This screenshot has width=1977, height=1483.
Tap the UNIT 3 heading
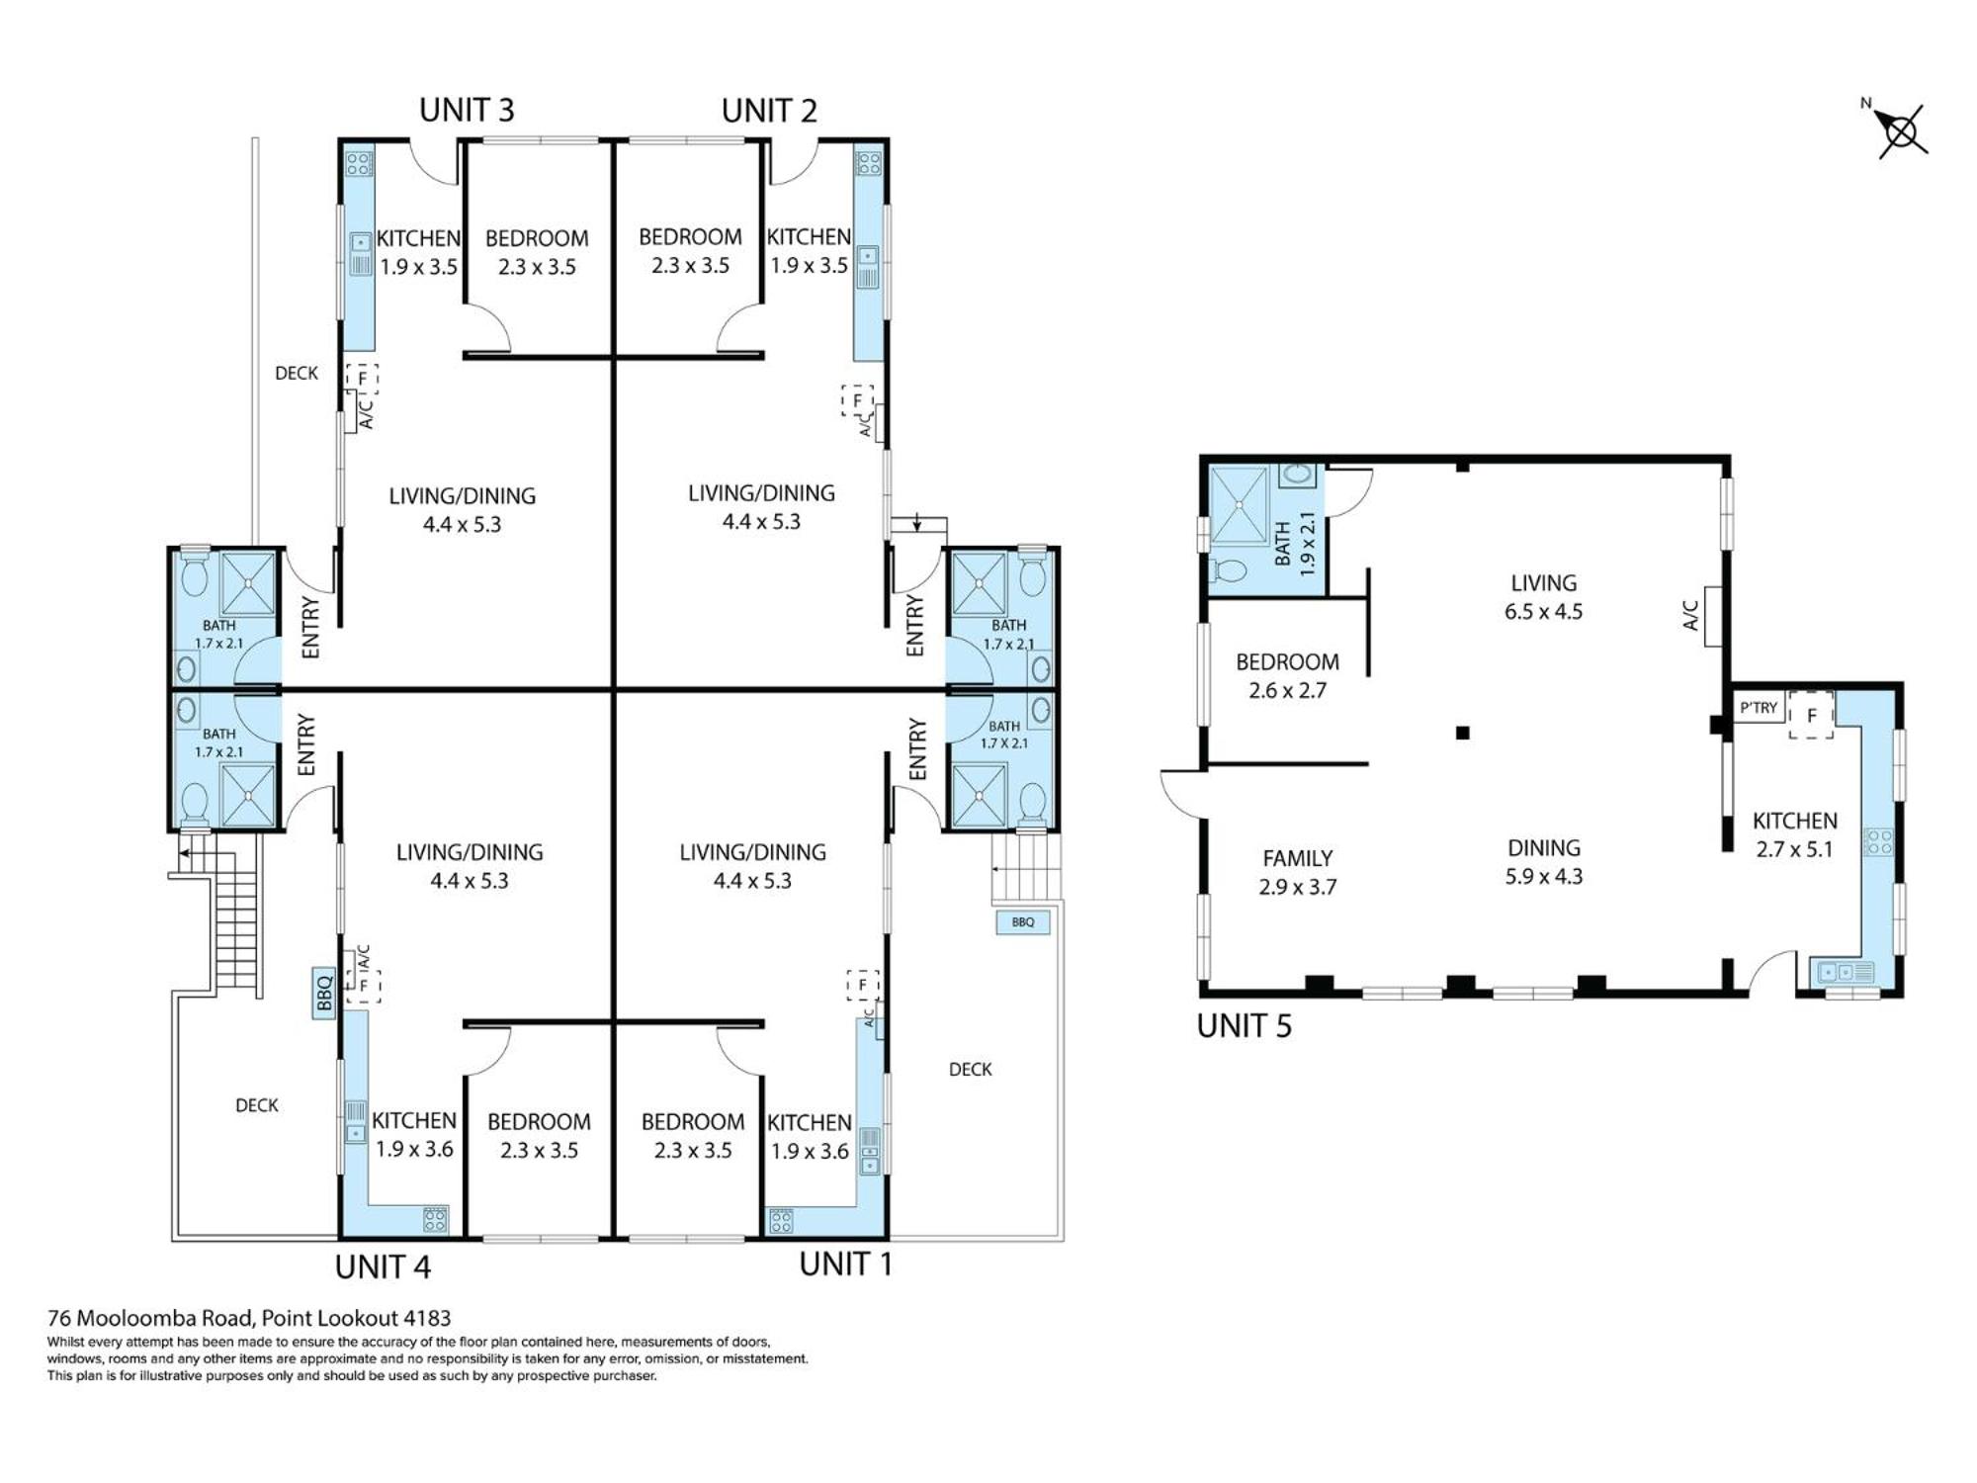(467, 110)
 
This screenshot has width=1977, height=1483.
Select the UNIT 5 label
(1244, 1026)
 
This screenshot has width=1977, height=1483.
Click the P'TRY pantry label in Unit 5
(1759, 708)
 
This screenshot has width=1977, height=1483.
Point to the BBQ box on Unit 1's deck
(1023, 922)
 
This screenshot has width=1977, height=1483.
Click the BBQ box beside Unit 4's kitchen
(324, 993)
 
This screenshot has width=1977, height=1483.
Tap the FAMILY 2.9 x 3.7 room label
(1297, 872)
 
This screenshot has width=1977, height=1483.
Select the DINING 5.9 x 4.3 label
(1544, 861)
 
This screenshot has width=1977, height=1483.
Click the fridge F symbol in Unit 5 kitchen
(1812, 715)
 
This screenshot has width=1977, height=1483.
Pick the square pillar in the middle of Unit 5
(1463, 733)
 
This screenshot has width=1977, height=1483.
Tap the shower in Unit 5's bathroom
(1240, 505)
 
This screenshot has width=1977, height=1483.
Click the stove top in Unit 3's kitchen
(359, 163)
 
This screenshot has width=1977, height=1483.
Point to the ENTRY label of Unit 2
(914, 625)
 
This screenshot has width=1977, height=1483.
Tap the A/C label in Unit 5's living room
(1690, 615)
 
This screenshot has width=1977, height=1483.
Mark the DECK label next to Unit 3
(297, 373)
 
